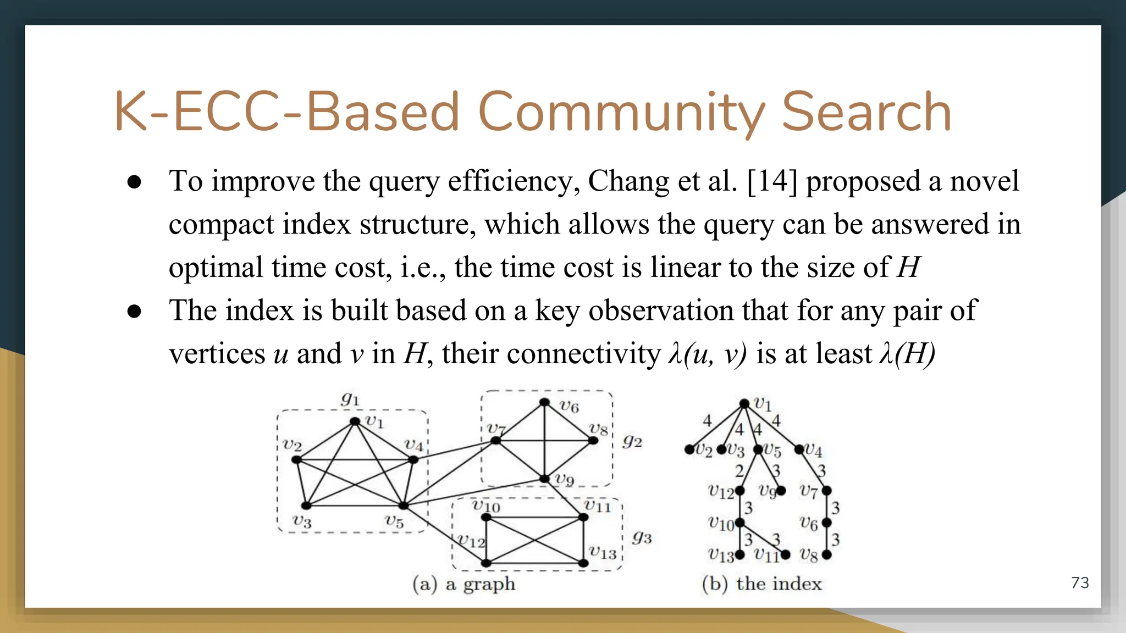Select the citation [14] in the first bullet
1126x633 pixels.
click(x=772, y=181)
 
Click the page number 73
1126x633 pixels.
click(x=1080, y=582)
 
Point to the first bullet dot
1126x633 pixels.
click(x=134, y=182)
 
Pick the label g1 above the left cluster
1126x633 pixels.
click(x=350, y=398)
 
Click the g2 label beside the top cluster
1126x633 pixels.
click(x=632, y=441)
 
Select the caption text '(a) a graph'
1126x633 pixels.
click(x=464, y=584)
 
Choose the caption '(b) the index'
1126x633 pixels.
click(x=761, y=584)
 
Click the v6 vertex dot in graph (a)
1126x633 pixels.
click(x=544, y=403)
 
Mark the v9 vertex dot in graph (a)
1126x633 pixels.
click(x=544, y=479)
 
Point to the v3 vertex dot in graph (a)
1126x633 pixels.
click(x=306, y=506)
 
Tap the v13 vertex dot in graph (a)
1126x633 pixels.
click(x=583, y=563)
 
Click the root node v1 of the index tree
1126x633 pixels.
click(x=744, y=404)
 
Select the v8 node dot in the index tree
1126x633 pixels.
click(x=826, y=555)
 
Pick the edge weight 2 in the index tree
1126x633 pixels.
click(x=739, y=471)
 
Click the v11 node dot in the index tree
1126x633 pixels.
click(x=786, y=555)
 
